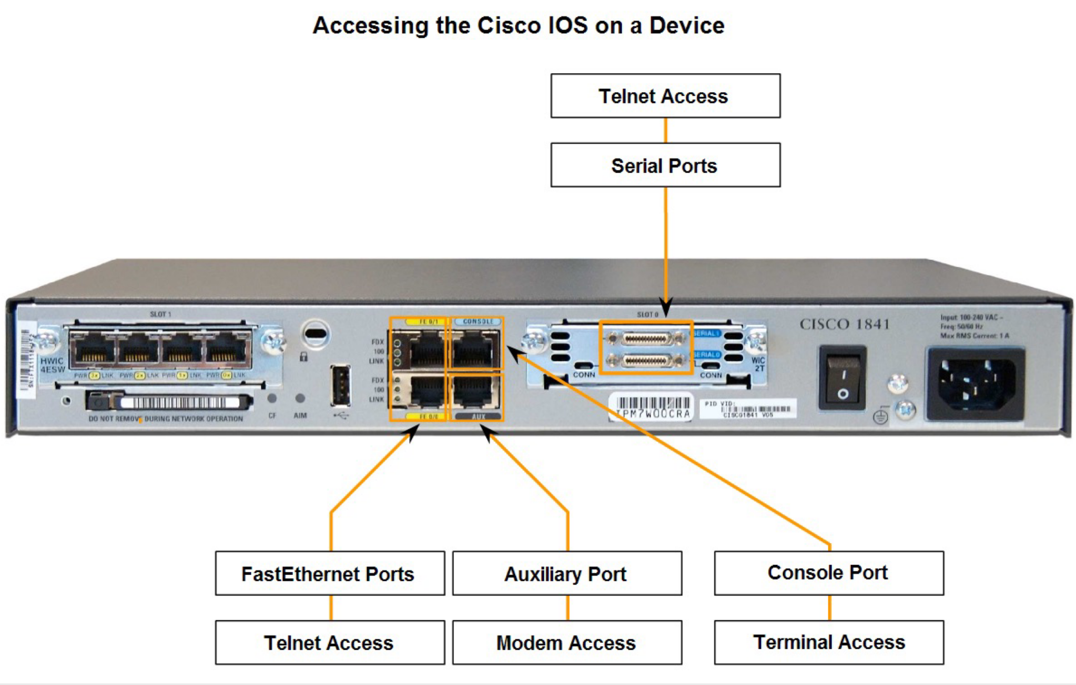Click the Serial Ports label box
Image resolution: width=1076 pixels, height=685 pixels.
[665, 165]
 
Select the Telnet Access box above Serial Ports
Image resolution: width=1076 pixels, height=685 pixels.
[665, 96]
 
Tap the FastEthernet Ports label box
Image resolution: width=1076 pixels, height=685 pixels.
[330, 573]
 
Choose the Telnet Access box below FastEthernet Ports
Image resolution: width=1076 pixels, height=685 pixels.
[330, 642]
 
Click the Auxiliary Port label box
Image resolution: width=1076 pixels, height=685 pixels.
[567, 573]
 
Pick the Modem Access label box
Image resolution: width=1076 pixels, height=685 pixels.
[567, 642]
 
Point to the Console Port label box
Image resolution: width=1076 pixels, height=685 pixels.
[829, 573]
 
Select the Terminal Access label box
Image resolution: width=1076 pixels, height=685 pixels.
[829, 642]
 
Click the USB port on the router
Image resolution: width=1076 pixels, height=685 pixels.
[340, 386]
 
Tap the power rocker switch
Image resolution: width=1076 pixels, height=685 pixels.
[842, 377]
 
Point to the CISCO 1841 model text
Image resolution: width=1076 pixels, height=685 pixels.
[844, 324]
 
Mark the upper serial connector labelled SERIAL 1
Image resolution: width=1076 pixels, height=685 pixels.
[646, 339]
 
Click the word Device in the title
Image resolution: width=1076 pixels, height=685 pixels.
[687, 25]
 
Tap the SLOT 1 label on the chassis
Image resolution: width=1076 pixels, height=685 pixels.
[160, 314]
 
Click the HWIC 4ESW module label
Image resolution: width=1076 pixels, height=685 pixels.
[53, 365]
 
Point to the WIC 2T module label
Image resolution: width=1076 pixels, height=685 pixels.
[758, 364]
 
